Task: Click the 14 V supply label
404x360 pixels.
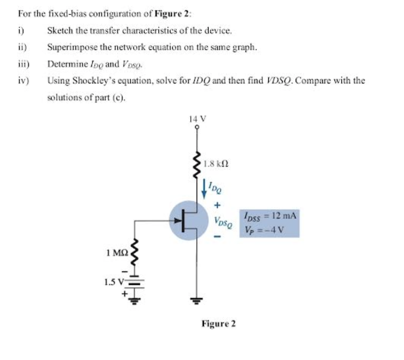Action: coord(198,119)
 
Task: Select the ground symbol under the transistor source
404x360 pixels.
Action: coord(198,301)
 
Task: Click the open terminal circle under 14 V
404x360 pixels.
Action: coord(198,127)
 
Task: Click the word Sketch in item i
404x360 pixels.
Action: coord(58,30)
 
